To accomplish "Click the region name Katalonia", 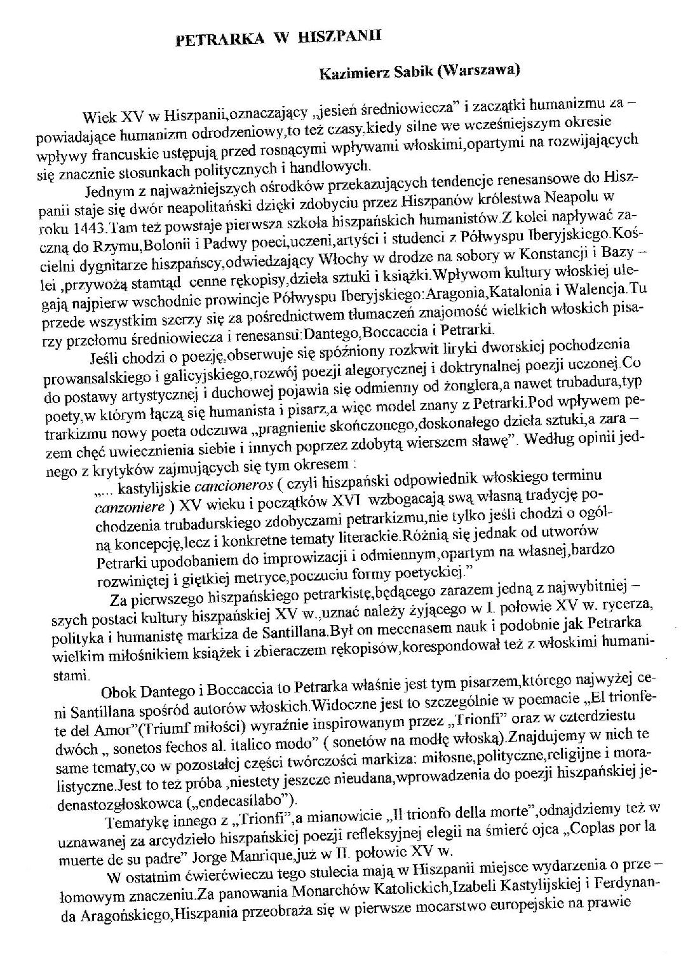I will [x=500, y=290].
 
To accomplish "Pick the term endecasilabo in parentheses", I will [x=234, y=799].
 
